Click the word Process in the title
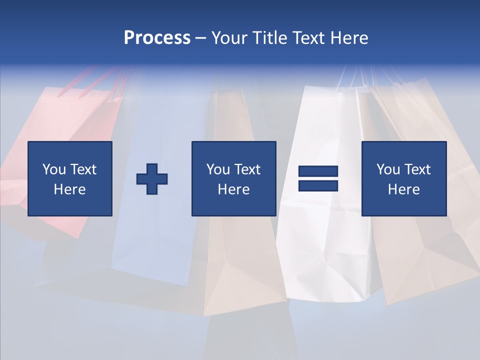coord(157,38)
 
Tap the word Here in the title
coord(348,38)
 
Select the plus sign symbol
coord(152,179)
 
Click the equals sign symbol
coord(318,178)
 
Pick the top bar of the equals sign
coord(318,171)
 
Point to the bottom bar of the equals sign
coord(318,185)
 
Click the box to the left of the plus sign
coord(69,178)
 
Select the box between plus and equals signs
coord(233,178)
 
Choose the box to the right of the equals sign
coord(403,178)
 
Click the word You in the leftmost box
coord(54,169)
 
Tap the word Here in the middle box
coord(233,189)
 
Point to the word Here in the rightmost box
coord(403,189)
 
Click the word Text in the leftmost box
coord(83,169)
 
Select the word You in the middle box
coord(218,169)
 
